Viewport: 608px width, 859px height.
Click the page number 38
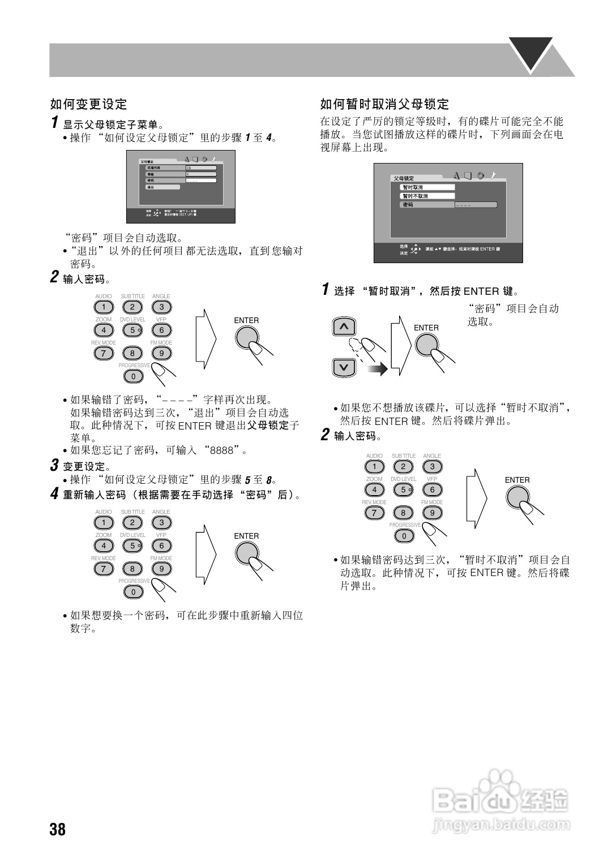point(58,830)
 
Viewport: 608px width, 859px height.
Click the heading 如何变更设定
point(89,104)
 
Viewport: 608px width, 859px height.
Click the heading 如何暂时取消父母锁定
point(384,104)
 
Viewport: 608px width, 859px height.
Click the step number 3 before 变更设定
point(54,466)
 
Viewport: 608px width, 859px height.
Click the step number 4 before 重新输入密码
point(54,494)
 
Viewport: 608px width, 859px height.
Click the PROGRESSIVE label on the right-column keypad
point(405,525)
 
